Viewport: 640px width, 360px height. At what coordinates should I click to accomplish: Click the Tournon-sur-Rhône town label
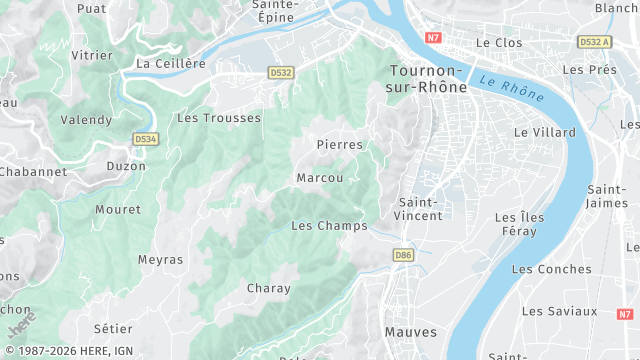pos(426,79)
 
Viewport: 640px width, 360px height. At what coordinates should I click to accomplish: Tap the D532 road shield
pos(281,72)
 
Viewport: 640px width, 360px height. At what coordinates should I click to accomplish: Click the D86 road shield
pos(403,255)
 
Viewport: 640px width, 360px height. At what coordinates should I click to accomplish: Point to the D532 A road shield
pos(595,41)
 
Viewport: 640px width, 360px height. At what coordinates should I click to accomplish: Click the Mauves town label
pos(410,330)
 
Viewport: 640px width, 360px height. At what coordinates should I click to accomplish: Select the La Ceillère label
pos(170,63)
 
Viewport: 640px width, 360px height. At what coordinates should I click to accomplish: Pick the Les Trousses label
pos(218,118)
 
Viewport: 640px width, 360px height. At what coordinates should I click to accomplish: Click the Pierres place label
pos(339,145)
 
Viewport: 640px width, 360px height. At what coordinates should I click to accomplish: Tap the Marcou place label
pos(320,178)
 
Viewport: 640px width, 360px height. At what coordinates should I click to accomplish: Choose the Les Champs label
pos(329,226)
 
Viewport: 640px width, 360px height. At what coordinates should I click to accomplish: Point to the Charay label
pos(268,289)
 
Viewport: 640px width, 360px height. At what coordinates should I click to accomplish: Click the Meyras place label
pos(161,260)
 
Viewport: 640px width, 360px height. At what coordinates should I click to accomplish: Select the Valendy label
pos(86,120)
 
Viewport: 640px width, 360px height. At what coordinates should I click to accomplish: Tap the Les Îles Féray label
pos(529,224)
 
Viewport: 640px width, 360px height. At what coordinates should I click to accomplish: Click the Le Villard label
pos(545,132)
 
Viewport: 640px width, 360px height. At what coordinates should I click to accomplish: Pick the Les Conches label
pos(551,269)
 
